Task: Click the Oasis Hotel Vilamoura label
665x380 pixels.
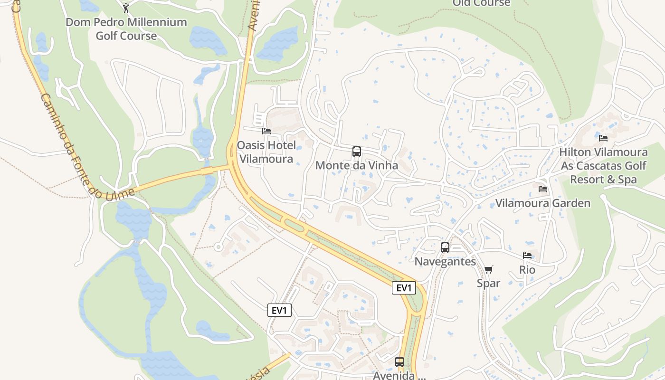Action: pyautogui.click(x=266, y=152)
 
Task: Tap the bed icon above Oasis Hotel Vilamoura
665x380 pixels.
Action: pyautogui.click(x=266, y=131)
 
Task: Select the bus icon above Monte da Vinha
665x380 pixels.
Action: pyautogui.click(x=356, y=152)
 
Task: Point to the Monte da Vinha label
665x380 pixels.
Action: pyautogui.click(x=356, y=166)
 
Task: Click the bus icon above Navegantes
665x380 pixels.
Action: pyautogui.click(x=445, y=247)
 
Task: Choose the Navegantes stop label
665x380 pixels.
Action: pyautogui.click(x=445, y=262)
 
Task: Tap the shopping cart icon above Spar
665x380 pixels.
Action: pyautogui.click(x=488, y=270)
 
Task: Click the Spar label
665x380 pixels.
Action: pyautogui.click(x=488, y=284)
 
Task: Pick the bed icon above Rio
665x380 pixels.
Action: pyautogui.click(x=527, y=256)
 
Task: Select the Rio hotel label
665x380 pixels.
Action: pyautogui.click(x=527, y=270)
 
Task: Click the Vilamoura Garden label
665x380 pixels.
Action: pyautogui.click(x=543, y=203)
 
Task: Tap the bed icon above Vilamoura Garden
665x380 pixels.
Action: pyautogui.click(x=543, y=189)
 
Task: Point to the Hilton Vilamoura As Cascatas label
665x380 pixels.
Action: pyautogui.click(x=603, y=166)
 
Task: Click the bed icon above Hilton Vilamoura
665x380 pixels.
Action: pyautogui.click(x=603, y=138)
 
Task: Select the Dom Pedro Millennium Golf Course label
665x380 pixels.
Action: pyautogui.click(x=126, y=29)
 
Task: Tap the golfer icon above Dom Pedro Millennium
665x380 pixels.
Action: pyautogui.click(x=126, y=8)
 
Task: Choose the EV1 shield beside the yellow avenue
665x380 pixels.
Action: pyautogui.click(x=404, y=288)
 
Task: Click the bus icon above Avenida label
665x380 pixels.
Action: pyautogui.click(x=399, y=362)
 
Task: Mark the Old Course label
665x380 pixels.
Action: pyautogui.click(x=481, y=3)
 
